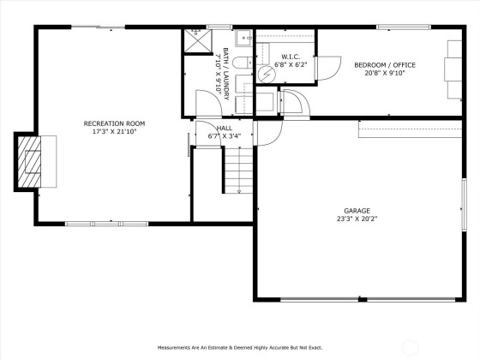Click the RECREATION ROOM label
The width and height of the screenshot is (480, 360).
pos(114,123)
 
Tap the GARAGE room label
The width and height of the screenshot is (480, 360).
pos(357,211)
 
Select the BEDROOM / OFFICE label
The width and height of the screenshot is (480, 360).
pos(385,65)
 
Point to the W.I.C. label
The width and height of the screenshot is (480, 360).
pos(291,57)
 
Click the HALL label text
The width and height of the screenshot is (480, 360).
pos(225,128)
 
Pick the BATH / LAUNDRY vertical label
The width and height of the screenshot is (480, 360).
pos(226,74)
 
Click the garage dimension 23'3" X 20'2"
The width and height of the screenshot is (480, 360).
pos(357,219)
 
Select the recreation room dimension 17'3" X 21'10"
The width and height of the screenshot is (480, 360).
pos(114,132)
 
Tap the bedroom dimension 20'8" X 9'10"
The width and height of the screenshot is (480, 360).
pos(385,73)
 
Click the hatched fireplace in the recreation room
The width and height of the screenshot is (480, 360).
pos(29,162)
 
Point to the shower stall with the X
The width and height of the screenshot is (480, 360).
pos(198,41)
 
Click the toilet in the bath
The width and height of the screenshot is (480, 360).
pos(243,63)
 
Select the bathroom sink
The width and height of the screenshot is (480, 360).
pos(243,38)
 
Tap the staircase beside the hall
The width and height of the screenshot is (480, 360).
pos(239,171)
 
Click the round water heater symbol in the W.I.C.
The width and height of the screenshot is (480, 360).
pos(267,75)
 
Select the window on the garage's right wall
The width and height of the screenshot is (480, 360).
pos(464,205)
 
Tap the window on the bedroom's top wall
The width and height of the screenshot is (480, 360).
pos(404,27)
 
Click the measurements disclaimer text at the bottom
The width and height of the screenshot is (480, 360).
pos(240,348)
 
